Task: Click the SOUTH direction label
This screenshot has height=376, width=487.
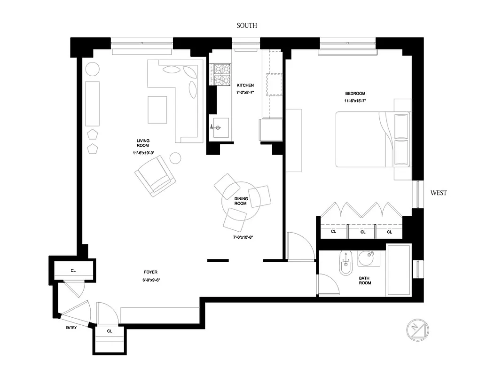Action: coord(247,25)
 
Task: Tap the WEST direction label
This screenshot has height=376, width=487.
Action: coord(438,193)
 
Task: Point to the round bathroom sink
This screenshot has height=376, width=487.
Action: coord(367,258)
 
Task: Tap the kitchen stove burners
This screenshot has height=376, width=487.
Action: coord(220,75)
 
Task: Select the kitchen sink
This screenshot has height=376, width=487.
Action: coord(219,127)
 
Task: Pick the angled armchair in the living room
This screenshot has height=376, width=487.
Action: coord(155,176)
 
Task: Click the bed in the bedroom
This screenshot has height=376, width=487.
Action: coord(371,139)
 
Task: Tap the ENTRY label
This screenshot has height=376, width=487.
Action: coord(71,328)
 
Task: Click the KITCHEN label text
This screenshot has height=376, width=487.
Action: coord(245,85)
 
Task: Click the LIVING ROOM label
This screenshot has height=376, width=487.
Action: coord(142,143)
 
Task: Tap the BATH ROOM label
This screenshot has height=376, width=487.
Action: coord(365,281)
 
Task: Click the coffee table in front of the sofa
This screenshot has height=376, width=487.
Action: coord(157,110)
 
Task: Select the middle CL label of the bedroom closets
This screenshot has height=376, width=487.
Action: coord(363,232)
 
